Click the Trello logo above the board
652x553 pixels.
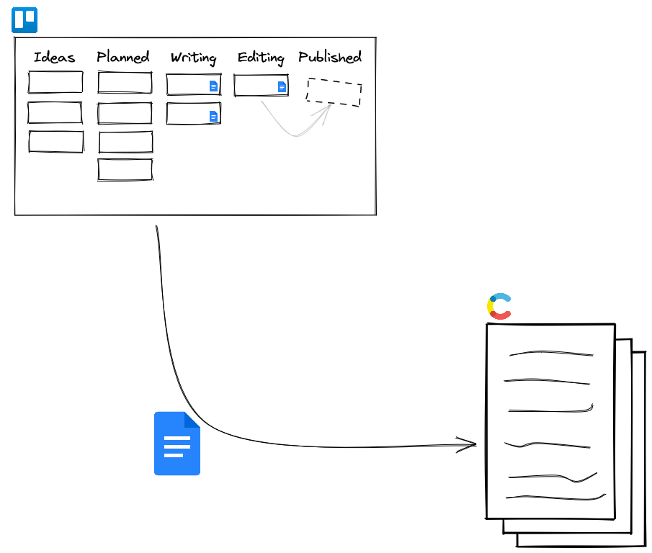24,20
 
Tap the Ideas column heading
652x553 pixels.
54,58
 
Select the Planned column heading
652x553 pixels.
123,57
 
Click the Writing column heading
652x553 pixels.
193,58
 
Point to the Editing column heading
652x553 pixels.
260,58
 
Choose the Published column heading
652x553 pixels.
330,57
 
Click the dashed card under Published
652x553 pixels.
334,92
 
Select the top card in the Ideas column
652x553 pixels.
55,82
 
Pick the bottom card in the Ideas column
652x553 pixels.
55,141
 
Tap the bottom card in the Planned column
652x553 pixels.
125,169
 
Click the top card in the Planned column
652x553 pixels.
125,82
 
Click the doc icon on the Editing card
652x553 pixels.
282,86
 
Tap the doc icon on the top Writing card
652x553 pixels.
213,86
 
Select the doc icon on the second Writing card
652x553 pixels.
213,116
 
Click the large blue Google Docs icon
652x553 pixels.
177,444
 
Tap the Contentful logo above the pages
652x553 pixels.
499,306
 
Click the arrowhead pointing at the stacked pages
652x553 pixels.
473,444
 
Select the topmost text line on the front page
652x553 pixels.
551,354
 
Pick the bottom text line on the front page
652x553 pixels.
555,497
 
